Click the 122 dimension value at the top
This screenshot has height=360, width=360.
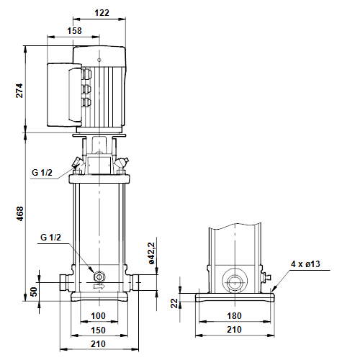[x=102, y=12]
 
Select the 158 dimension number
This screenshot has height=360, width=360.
[x=74, y=31]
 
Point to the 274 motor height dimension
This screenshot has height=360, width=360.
[x=19, y=91]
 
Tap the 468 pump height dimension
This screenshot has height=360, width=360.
[x=19, y=214]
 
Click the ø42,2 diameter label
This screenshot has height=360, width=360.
[x=152, y=253]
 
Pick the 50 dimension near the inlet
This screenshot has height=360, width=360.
[x=34, y=292]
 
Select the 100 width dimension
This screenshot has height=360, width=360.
[x=98, y=316]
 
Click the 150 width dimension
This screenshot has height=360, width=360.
[x=98, y=330]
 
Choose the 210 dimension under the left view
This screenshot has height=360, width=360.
[x=98, y=344]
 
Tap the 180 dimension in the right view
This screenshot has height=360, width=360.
[x=234, y=316]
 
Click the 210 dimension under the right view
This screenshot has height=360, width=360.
[x=234, y=330]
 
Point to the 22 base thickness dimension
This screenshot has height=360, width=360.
[x=174, y=303]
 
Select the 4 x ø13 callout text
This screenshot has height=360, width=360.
[x=305, y=264]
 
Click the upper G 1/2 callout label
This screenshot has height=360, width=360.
[x=42, y=173]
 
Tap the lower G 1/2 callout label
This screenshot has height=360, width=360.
[x=50, y=238]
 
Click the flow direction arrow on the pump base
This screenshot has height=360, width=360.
[x=99, y=287]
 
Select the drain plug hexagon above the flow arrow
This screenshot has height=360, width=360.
[x=99, y=276]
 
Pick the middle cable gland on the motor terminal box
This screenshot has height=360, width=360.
[x=86, y=89]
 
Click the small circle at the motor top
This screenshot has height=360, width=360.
[x=99, y=60]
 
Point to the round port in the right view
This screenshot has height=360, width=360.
[x=234, y=282]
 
